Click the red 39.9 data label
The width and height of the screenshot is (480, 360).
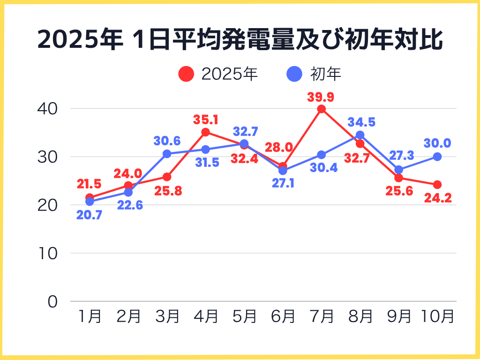point(321,97)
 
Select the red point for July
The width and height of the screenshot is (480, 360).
point(321,109)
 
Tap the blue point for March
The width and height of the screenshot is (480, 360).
point(167,154)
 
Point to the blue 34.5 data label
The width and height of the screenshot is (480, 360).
point(361,123)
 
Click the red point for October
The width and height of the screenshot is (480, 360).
point(437,185)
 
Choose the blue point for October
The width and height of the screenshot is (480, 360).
point(437,157)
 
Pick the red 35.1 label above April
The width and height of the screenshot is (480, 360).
point(205,120)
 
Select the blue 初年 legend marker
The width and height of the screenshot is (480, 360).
point(294,74)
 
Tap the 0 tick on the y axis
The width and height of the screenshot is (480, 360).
point(52,301)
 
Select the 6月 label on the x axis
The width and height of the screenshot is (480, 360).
point(283,317)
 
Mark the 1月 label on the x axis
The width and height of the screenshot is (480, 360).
point(90,317)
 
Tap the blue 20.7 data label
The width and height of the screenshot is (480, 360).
point(90,216)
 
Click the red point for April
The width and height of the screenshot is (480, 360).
point(205,132)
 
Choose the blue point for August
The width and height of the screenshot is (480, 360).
point(360,135)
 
